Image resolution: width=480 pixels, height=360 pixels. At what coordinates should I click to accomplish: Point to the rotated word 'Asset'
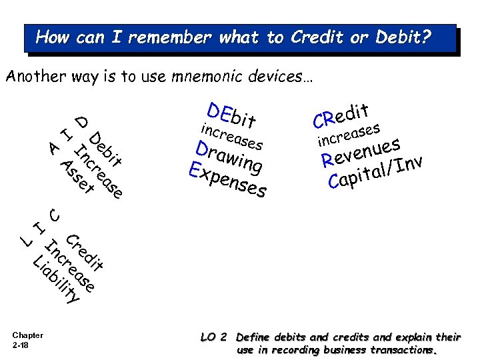[76, 177]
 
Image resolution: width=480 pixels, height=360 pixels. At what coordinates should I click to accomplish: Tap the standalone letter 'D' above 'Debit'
[81, 121]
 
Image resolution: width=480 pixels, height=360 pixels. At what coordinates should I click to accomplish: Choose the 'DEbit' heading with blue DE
[231, 114]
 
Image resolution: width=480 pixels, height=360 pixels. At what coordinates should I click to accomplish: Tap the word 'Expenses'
[228, 180]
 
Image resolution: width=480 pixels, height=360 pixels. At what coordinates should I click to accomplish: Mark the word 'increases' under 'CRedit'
[349, 133]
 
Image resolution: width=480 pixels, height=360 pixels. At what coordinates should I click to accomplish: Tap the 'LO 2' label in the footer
[214, 337]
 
